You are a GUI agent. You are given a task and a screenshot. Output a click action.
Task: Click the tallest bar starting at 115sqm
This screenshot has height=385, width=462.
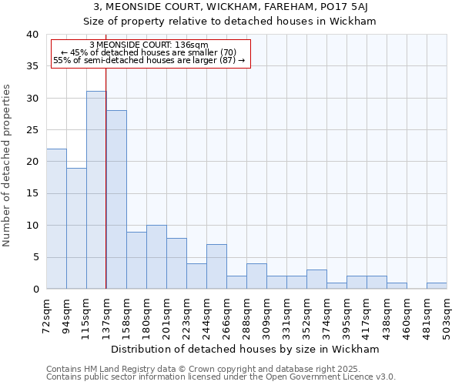pos(96,190)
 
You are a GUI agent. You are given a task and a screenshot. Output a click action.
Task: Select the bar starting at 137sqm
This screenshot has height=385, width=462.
pos(116,199)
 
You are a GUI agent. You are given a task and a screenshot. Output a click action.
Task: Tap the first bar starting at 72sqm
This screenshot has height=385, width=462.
pos(56,219)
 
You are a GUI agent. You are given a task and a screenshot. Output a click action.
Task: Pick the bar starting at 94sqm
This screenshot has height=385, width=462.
pos(76,228)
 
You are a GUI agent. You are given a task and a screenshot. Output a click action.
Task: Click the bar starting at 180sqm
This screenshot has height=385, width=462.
pos(156,257)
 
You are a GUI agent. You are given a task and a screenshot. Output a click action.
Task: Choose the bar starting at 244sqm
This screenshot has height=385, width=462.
pos(216,266)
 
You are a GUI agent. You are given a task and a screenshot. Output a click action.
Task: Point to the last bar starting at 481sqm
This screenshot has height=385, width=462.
pos(437,286)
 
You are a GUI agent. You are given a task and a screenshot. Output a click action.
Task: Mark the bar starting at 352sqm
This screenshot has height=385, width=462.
pos(316,280)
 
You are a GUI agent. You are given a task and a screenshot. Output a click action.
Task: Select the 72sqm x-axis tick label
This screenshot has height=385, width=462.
pos(46,311)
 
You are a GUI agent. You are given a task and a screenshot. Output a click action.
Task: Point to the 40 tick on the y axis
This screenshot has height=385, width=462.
pos(32,35)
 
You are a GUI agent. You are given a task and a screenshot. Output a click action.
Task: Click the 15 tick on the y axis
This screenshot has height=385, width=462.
pos(32,193)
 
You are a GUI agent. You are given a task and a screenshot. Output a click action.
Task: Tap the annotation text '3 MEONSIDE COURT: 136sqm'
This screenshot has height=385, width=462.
pos(149,45)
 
